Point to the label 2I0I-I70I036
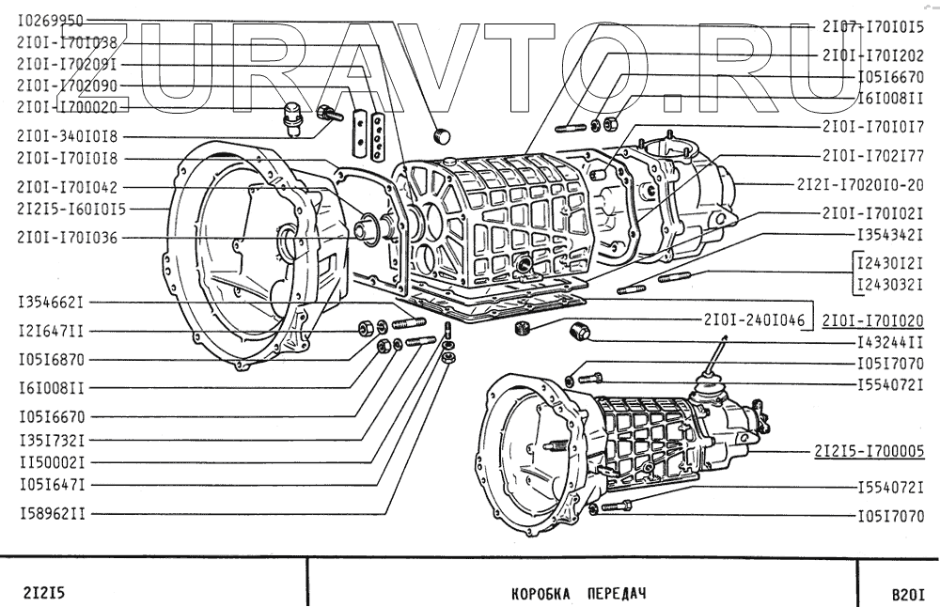point(67,238)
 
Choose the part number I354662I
point(52,303)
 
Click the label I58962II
point(52,514)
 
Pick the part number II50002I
point(52,462)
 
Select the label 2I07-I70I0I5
point(873,26)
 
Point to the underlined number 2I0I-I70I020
point(872,320)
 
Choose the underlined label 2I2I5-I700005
point(869,451)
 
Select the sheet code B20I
point(908,594)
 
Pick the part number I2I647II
point(52,331)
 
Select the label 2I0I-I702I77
point(873,155)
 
